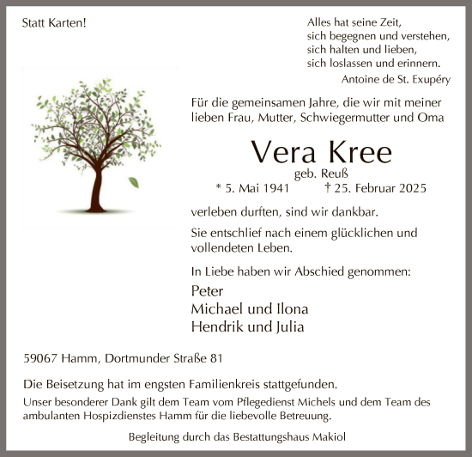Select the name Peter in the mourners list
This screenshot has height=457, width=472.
pyautogui.click(x=209, y=291)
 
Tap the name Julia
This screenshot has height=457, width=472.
pyautogui.click(x=287, y=326)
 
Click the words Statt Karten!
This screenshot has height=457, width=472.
pyautogui.click(x=53, y=23)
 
